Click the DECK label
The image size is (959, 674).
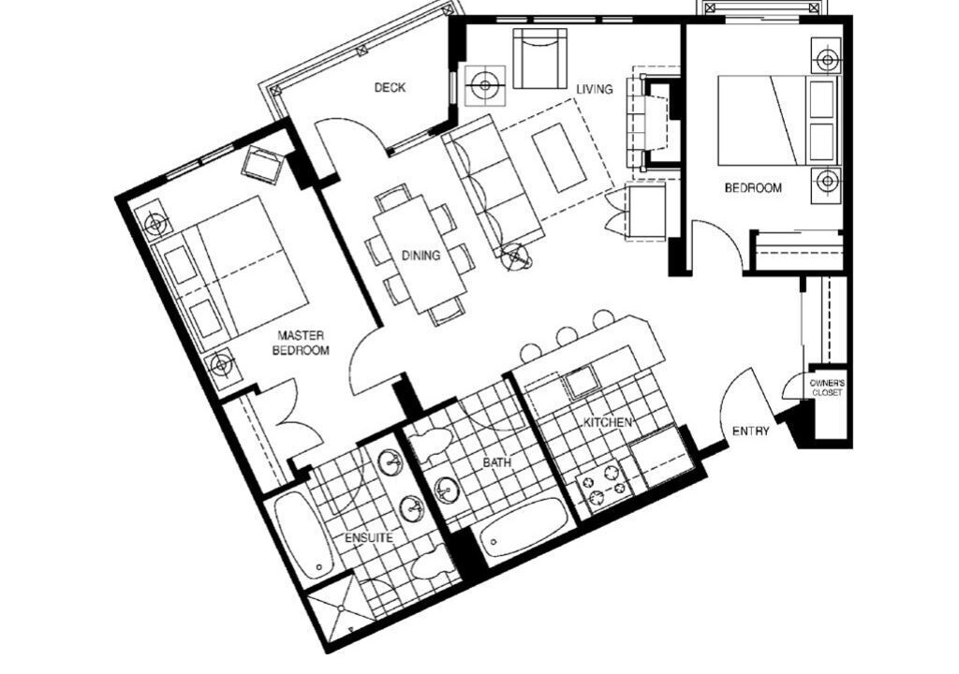[390, 87]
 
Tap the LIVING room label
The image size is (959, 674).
[595, 89]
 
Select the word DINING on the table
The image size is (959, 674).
[420, 255]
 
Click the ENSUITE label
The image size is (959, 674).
[368, 538]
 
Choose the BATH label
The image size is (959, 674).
[496, 463]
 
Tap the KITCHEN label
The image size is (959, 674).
[607, 422]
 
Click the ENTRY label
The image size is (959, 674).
[750, 432]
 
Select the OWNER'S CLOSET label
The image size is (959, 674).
[827, 388]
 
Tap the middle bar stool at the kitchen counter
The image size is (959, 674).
[566, 335]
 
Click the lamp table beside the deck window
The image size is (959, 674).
[485, 85]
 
